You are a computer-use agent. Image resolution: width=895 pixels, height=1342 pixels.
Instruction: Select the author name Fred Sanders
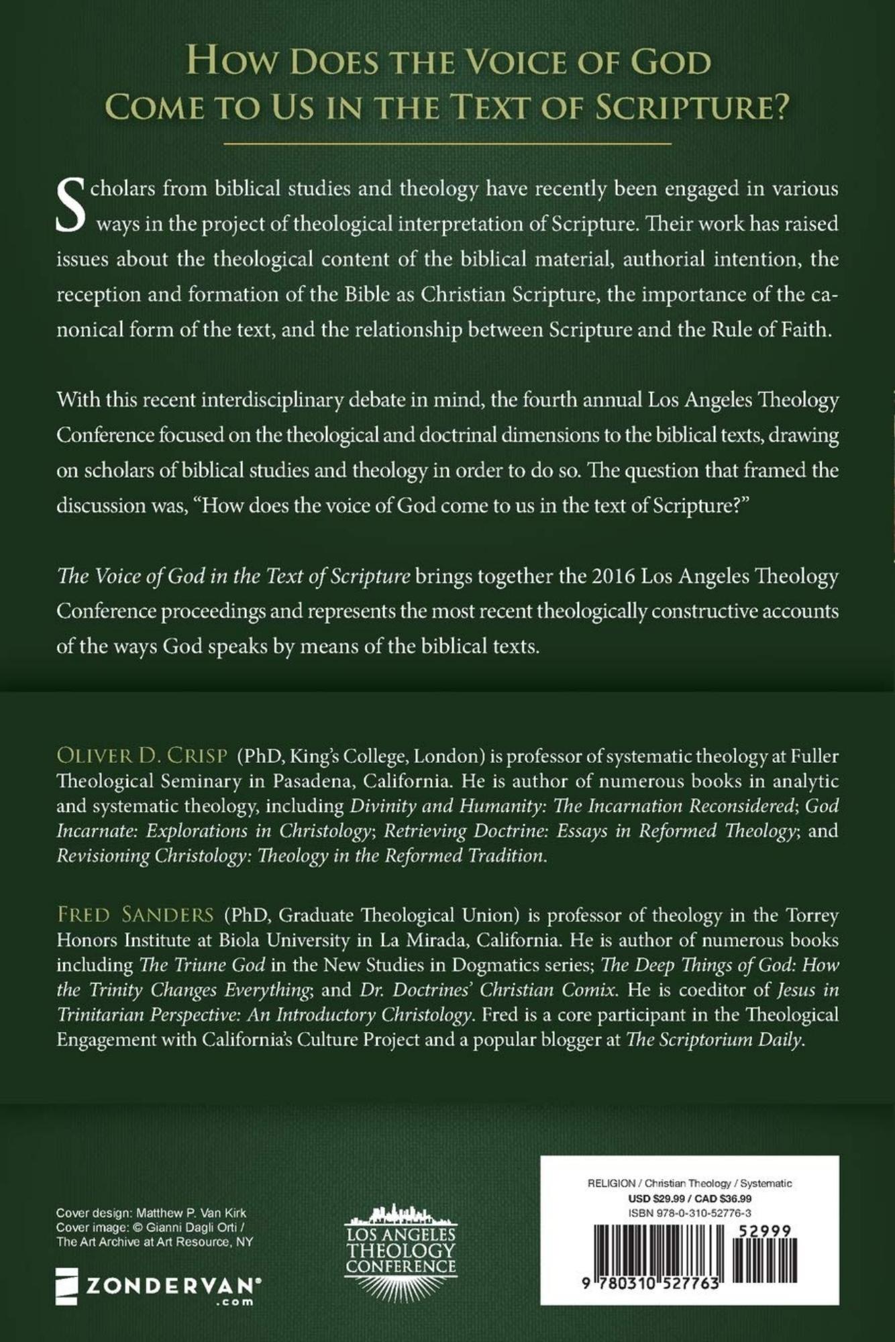click(135, 915)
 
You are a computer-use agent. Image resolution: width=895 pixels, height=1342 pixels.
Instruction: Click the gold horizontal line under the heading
click(447, 144)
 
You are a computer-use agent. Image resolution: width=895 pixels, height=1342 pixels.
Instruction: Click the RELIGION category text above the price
click(612, 1184)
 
